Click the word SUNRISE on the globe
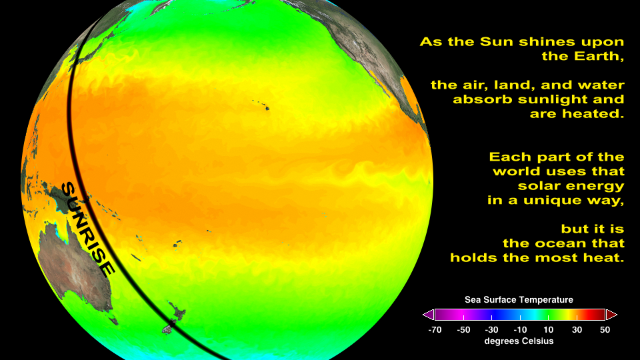pyautogui.click(x=88, y=229)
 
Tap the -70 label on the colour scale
pyautogui.click(x=435, y=330)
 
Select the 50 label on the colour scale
pyautogui.click(x=605, y=330)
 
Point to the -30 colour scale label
pyautogui.click(x=491, y=330)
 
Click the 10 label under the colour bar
pyautogui.click(x=548, y=330)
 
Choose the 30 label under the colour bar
pyautogui.click(x=577, y=330)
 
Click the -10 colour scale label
pyautogui.click(x=520, y=330)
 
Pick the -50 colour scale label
pyautogui.click(x=463, y=330)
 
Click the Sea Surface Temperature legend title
pyautogui.click(x=519, y=300)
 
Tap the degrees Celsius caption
pyautogui.click(x=519, y=341)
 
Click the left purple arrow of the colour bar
pyautogui.click(x=428, y=315)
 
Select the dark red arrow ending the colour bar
pyautogui.click(x=611, y=315)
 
